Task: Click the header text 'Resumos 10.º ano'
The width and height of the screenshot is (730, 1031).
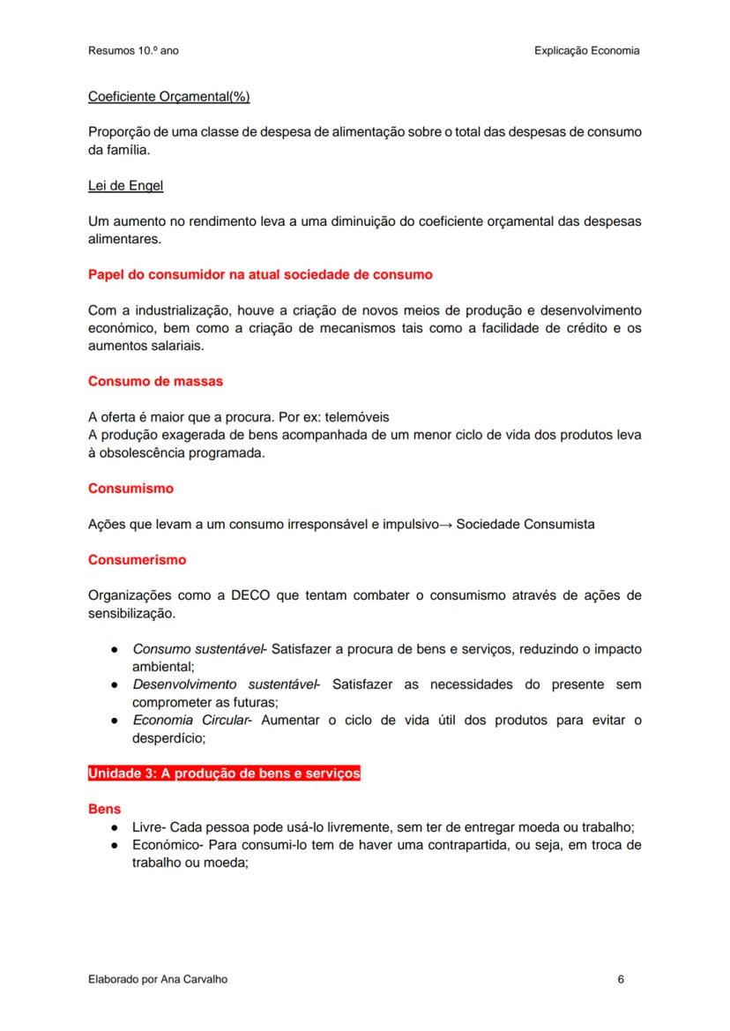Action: pyautogui.click(x=133, y=51)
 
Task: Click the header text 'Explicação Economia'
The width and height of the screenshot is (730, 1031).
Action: pyautogui.click(x=586, y=51)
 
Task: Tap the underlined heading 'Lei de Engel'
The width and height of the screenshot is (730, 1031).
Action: pyautogui.click(x=125, y=185)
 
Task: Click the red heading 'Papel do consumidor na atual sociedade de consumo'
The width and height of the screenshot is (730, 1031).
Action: pyautogui.click(x=260, y=274)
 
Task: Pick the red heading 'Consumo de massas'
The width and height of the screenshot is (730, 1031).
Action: pyautogui.click(x=155, y=381)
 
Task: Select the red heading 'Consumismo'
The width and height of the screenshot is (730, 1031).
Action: pyautogui.click(x=130, y=488)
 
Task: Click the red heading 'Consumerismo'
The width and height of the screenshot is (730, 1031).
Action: pyautogui.click(x=137, y=559)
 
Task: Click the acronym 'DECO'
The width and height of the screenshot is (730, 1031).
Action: pyautogui.click(x=250, y=595)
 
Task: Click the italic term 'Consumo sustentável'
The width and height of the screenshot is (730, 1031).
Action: pyautogui.click(x=197, y=649)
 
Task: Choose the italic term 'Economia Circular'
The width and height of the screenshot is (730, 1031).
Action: pyautogui.click(x=190, y=720)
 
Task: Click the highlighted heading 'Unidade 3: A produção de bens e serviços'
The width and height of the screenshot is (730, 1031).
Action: pyautogui.click(x=224, y=773)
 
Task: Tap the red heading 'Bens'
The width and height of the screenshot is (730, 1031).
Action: pyautogui.click(x=104, y=809)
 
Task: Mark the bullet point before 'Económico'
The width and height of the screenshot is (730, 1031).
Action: pyautogui.click(x=115, y=845)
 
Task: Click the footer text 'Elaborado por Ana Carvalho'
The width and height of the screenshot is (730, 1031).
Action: pyautogui.click(x=151, y=979)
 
